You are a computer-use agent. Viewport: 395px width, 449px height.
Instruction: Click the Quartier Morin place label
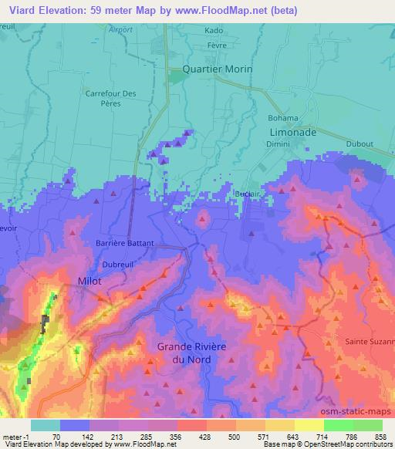click(218, 68)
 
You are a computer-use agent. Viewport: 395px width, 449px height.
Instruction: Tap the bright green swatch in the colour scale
click(338, 424)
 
